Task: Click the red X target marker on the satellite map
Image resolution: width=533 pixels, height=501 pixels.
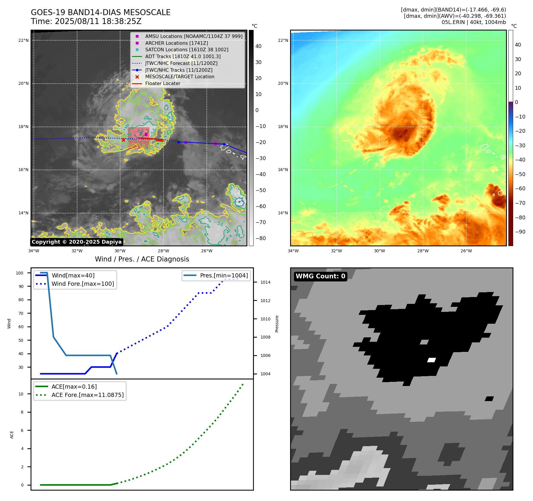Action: click(x=123, y=140)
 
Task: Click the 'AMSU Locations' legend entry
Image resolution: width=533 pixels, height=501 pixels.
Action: click(x=194, y=36)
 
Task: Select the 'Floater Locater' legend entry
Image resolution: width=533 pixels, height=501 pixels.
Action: click(x=163, y=84)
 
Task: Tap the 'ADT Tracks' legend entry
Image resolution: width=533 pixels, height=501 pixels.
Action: click(x=183, y=56)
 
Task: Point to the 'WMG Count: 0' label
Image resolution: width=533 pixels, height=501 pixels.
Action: click(x=320, y=276)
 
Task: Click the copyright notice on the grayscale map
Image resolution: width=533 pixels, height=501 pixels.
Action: click(x=77, y=242)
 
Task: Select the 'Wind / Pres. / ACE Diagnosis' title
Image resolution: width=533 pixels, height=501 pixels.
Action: click(x=142, y=259)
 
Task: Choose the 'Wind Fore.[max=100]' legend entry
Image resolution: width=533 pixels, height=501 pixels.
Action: click(x=82, y=284)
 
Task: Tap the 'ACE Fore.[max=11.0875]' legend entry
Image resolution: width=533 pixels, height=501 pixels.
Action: click(x=87, y=395)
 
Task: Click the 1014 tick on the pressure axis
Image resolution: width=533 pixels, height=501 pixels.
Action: click(x=265, y=282)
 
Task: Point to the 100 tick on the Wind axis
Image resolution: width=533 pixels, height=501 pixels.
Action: click(x=20, y=273)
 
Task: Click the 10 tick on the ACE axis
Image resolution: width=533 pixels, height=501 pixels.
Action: click(x=21, y=394)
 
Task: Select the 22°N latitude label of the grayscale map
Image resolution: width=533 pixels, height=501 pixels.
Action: click(x=23, y=40)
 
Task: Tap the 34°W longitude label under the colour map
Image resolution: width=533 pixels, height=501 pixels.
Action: click(x=293, y=251)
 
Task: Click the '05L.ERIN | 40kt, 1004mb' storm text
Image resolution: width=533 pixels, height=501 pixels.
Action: click(x=473, y=22)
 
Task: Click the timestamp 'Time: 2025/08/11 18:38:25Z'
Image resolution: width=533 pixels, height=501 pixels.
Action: click(x=86, y=21)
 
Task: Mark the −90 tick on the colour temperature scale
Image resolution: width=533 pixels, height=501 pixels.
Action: click(x=520, y=232)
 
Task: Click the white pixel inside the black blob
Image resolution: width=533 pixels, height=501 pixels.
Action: click(x=431, y=360)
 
